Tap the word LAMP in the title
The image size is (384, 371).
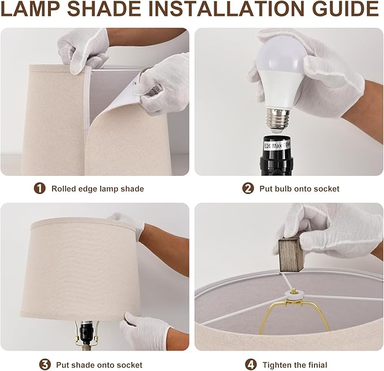[x=31, y=8]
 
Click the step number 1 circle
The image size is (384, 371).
[x=40, y=188]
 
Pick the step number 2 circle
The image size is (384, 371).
[x=248, y=188]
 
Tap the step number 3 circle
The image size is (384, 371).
[x=45, y=365]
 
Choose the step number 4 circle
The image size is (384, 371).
[x=251, y=365]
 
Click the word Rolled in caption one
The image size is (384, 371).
[x=63, y=189]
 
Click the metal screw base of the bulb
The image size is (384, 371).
[x=278, y=118]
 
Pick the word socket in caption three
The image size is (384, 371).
[x=130, y=365]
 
